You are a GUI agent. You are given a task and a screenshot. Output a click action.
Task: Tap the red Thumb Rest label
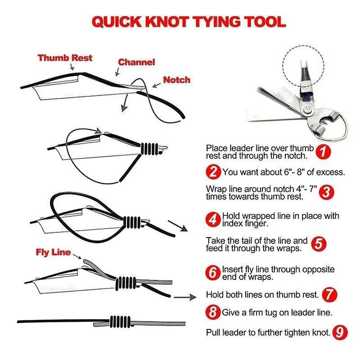tap(65, 58)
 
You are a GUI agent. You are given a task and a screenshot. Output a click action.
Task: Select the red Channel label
tap(136, 62)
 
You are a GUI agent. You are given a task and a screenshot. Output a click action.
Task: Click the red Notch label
tap(176, 80)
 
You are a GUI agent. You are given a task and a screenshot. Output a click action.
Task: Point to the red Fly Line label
tap(53, 252)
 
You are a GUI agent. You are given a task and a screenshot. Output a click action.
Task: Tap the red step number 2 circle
tap(214, 171)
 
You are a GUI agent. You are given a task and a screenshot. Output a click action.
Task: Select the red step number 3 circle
tap(327, 193)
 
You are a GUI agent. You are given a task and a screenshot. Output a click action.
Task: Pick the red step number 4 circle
tap(214, 220)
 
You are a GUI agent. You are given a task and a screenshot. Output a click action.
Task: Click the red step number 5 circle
tap(318, 244)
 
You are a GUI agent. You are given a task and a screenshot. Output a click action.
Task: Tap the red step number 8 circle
tap(214, 312)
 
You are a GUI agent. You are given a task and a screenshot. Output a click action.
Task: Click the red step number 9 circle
tap(341, 333)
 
